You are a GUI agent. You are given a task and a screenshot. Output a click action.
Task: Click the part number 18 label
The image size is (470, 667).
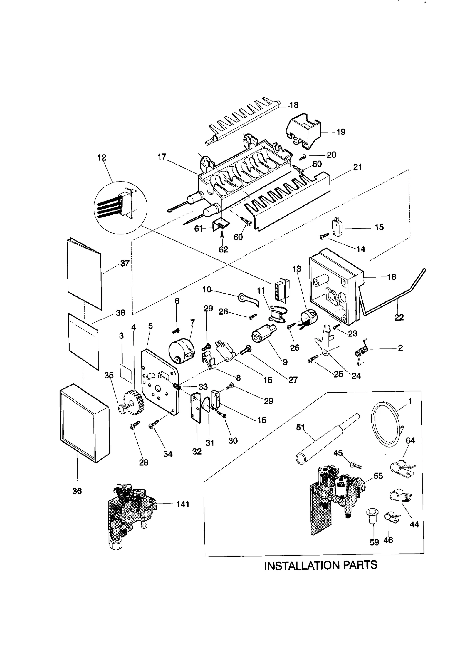click(x=294, y=105)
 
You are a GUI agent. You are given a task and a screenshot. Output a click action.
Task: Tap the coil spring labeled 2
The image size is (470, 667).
click(x=360, y=351)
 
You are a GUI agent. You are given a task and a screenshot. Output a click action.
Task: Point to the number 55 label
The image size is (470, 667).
click(x=378, y=476)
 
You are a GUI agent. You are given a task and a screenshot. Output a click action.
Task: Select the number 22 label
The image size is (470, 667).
click(x=399, y=317)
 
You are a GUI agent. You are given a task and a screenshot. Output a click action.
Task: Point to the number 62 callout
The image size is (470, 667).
click(x=223, y=249)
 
